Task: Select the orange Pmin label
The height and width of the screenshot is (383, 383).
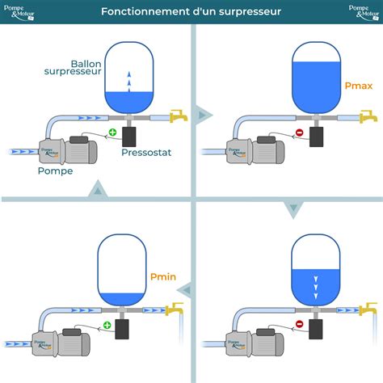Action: point(162,276)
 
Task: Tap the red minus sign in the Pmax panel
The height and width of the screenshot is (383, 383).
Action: point(299,133)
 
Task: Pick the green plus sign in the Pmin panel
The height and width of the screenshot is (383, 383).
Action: point(107,326)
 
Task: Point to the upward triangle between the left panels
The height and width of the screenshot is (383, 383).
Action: point(97,190)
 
